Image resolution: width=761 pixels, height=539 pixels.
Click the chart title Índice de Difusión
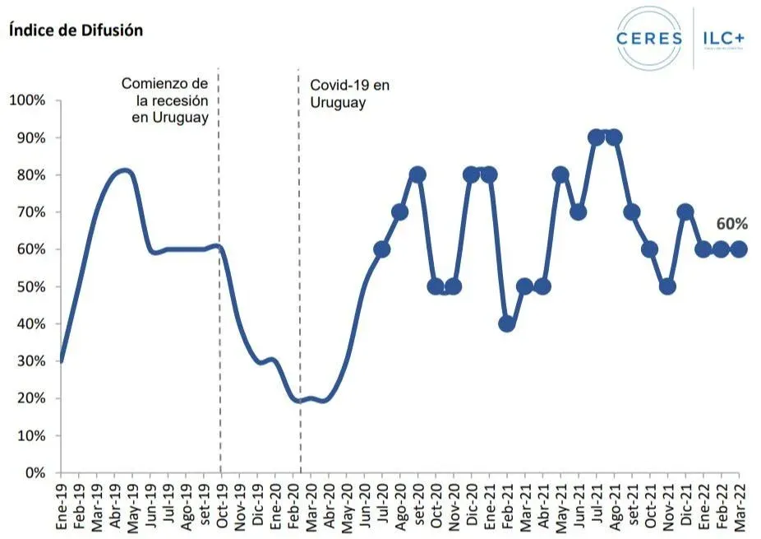pyautogui.click(x=76, y=30)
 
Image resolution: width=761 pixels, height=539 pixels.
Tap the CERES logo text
pyautogui.click(x=648, y=38)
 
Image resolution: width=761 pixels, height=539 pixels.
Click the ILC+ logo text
pyautogui.click(x=724, y=38)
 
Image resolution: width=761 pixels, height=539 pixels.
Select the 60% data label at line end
pyautogui.click(x=731, y=224)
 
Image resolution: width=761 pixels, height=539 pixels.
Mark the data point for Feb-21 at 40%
pyautogui.click(x=507, y=323)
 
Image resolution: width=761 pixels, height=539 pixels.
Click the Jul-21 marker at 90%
pyautogui.click(x=597, y=137)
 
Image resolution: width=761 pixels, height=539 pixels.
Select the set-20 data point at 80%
pyautogui.click(x=417, y=174)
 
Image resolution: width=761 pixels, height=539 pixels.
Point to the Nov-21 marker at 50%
pyautogui.click(x=667, y=286)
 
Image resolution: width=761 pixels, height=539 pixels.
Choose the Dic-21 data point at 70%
pyautogui.click(x=685, y=212)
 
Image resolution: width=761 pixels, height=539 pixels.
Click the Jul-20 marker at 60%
pyautogui.click(x=381, y=249)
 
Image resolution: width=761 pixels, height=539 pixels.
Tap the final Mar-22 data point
pyautogui.click(x=739, y=249)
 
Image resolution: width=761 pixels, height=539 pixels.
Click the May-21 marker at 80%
pyautogui.click(x=560, y=174)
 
